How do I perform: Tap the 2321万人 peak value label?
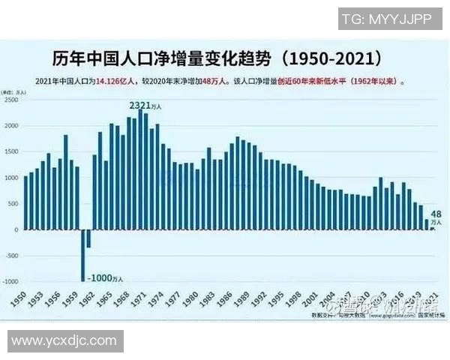click(145, 106)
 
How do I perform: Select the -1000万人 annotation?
click(107, 277)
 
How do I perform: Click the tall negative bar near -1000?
click(82, 255)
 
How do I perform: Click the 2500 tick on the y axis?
click(10, 100)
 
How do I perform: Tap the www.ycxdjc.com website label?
click(64, 341)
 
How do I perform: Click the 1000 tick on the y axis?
click(10, 178)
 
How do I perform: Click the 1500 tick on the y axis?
click(10, 151)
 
